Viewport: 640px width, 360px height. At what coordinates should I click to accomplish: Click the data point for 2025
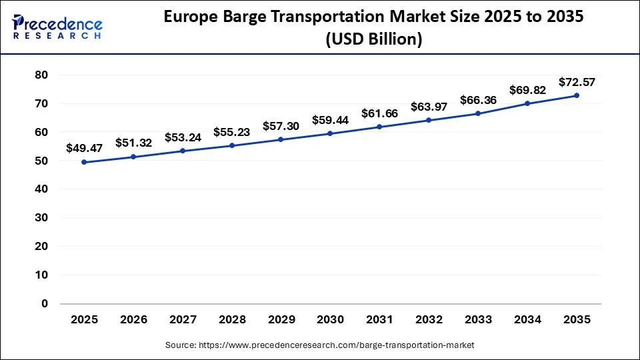[84, 162]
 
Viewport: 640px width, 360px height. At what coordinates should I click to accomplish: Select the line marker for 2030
[330, 133]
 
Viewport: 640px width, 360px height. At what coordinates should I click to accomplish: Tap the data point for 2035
[577, 95]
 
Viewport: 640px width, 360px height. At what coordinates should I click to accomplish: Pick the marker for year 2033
[478, 113]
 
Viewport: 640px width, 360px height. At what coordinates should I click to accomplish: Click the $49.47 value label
[84, 149]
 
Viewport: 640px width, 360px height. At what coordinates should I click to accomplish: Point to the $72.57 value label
[577, 82]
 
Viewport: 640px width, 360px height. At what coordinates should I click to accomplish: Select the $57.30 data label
[281, 126]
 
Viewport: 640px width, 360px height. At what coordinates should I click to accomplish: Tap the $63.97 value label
[429, 107]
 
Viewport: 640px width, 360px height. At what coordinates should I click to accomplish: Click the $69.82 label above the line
[527, 89]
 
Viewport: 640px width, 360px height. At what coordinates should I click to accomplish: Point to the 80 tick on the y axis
[41, 75]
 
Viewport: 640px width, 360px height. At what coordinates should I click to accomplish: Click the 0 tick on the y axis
[45, 304]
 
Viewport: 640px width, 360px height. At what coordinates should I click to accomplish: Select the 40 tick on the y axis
[41, 189]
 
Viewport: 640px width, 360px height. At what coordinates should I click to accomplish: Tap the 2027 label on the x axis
[183, 320]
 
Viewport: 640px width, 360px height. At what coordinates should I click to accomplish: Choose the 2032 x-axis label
[429, 320]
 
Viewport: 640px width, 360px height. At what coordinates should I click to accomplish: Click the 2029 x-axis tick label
[281, 320]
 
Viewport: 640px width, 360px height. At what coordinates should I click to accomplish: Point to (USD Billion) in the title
[373, 39]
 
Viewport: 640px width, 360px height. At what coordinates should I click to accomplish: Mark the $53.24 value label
[183, 137]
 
